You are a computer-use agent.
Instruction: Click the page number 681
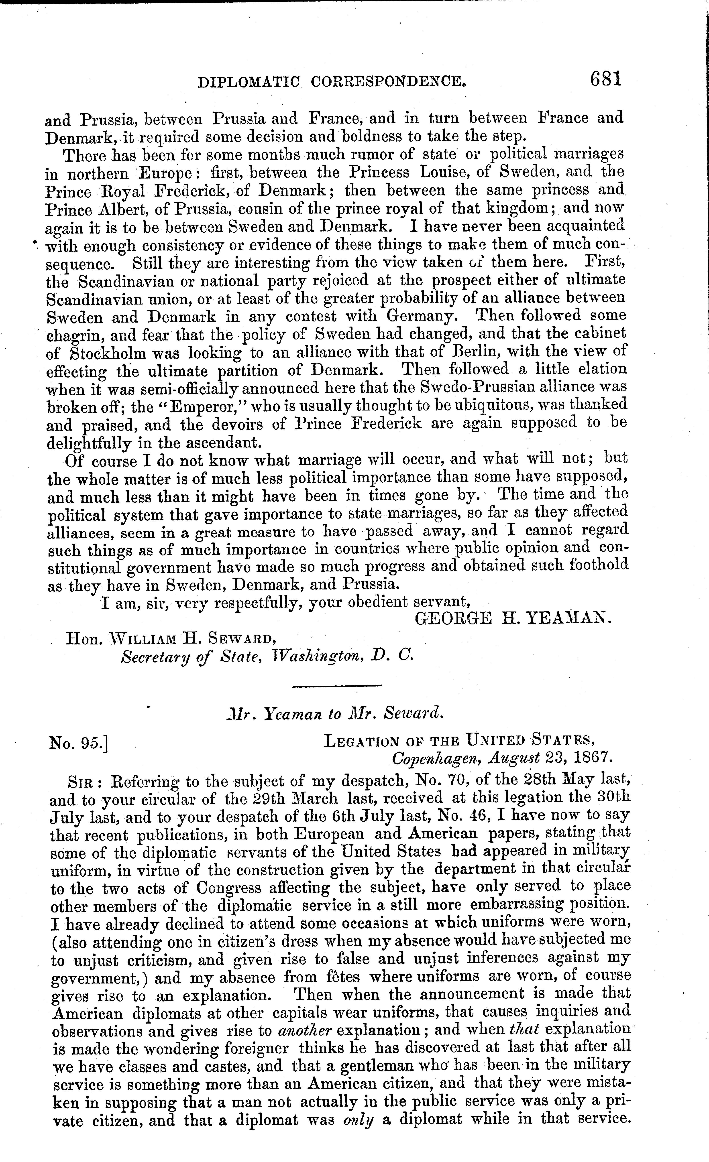(606, 79)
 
